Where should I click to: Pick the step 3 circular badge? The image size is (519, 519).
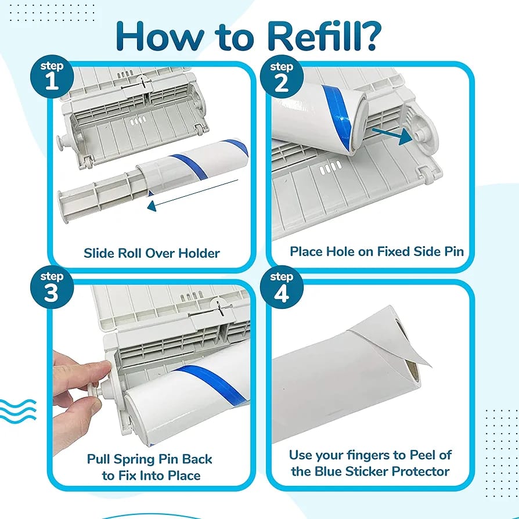[52, 287]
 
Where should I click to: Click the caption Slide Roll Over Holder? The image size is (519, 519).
[152, 253]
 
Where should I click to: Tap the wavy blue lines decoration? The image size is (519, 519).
[18, 410]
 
